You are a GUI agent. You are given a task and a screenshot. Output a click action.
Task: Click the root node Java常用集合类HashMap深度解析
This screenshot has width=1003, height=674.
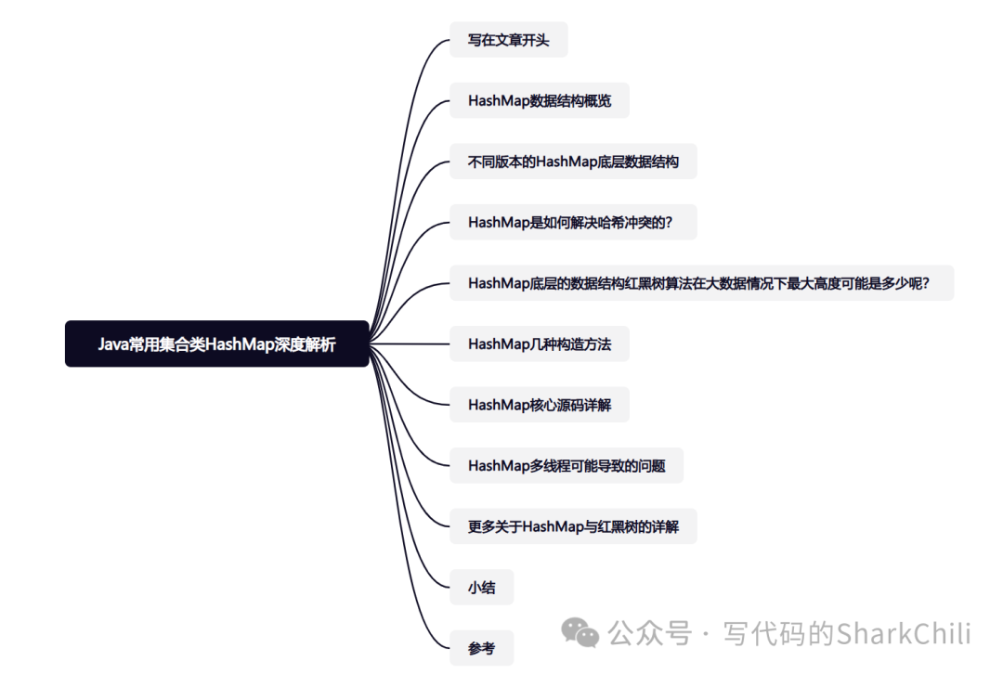coord(216,344)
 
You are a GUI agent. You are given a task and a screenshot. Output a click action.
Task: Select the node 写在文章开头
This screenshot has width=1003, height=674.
coord(508,40)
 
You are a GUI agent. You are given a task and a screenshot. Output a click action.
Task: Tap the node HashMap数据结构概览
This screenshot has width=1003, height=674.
coord(540,100)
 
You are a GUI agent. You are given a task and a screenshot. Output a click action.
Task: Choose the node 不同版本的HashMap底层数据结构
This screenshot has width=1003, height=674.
coord(573,162)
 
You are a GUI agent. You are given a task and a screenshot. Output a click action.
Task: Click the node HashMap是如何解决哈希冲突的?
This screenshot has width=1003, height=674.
coord(573,223)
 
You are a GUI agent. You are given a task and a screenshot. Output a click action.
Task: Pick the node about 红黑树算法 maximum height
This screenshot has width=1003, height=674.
coord(701,283)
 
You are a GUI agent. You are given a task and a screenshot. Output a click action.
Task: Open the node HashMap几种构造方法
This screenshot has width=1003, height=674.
coord(540,344)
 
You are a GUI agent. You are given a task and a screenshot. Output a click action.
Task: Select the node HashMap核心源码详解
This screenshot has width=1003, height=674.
coord(540,405)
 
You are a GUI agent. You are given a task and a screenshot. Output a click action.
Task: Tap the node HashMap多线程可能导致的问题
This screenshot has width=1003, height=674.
coord(567,466)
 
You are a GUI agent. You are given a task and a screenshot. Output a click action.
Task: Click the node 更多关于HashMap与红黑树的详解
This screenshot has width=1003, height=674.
coord(573,526)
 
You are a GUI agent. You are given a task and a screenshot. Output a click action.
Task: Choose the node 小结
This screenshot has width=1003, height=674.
coord(481,588)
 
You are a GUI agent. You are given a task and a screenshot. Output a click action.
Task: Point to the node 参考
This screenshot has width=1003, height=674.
coord(481,648)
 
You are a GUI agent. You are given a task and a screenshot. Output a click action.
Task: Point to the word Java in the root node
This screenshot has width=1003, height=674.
coord(113,344)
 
